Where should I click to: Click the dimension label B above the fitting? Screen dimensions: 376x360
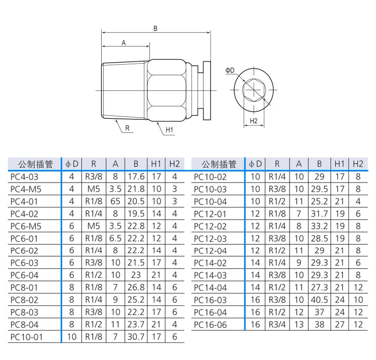point(155,29)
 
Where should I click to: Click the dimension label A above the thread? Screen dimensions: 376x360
point(124,43)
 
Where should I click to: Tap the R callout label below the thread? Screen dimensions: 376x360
point(127,128)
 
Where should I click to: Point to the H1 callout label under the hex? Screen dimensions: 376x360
point(169,130)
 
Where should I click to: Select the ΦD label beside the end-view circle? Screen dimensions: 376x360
point(230,70)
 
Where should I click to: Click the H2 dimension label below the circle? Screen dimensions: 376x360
point(254,121)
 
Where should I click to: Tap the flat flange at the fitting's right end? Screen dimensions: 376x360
point(207,90)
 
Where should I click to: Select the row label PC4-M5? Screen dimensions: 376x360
point(26,189)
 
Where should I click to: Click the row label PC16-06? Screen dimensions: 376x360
point(210,325)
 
